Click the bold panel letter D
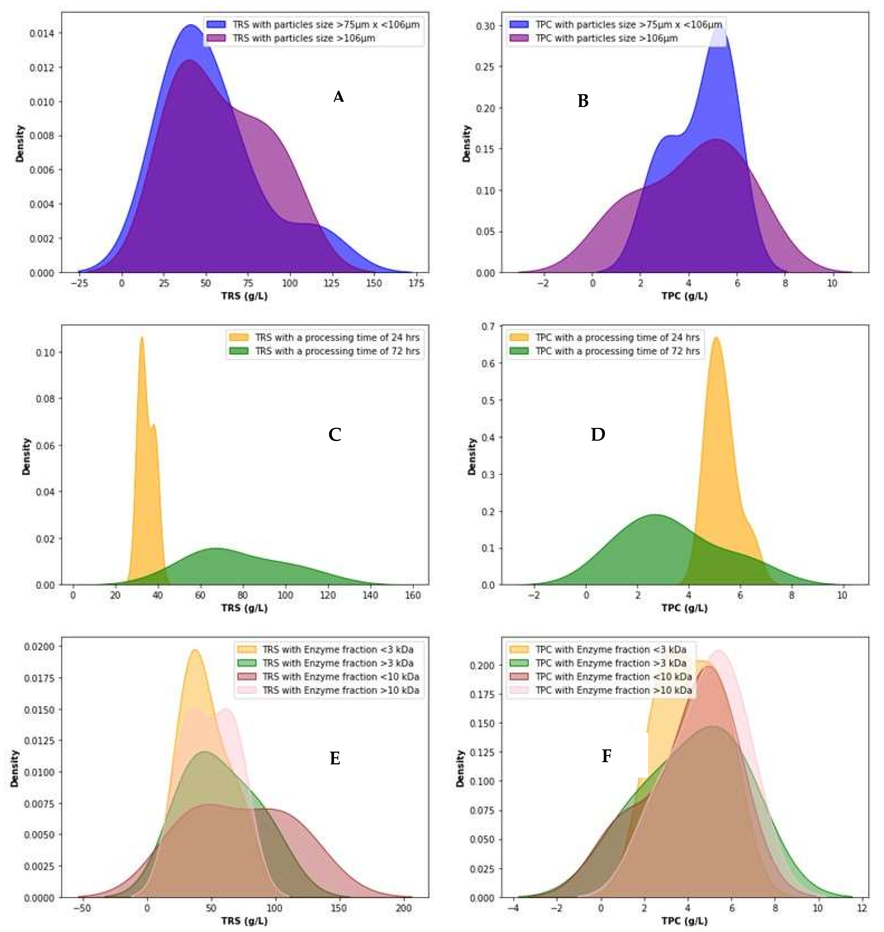(598, 434)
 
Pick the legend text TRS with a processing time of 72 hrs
(337, 351)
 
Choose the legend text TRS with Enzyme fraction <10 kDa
(340, 677)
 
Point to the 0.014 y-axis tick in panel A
(42, 33)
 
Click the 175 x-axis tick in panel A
(416, 283)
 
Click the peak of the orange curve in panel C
(141, 337)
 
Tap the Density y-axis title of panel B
(467, 144)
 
